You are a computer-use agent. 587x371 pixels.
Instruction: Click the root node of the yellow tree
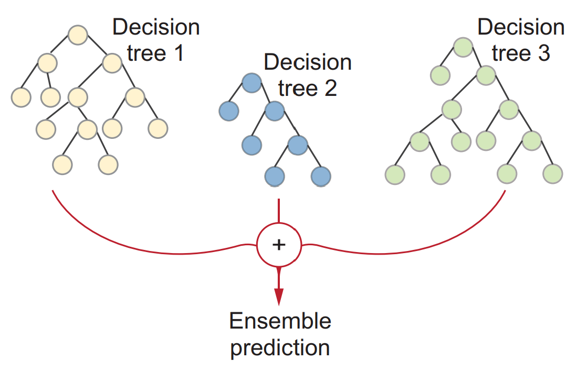tap(77, 35)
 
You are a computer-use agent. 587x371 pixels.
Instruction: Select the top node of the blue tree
tap(251, 83)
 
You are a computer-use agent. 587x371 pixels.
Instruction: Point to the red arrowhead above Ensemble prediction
tap(279, 296)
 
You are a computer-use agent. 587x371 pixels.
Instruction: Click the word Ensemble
tap(280, 321)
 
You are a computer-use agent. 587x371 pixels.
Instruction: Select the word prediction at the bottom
tap(280, 347)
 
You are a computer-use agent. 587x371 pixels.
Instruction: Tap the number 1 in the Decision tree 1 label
tap(178, 53)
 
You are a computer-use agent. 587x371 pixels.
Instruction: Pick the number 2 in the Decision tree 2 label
tap(330, 89)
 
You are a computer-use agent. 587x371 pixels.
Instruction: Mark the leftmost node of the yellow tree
tap(21, 96)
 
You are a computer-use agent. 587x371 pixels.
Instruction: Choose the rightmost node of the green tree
tap(552, 173)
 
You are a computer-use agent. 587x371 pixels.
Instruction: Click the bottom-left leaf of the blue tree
tap(274, 177)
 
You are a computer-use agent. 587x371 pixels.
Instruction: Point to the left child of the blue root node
tap(228, 111)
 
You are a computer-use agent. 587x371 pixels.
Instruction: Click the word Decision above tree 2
tap(307, 62)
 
